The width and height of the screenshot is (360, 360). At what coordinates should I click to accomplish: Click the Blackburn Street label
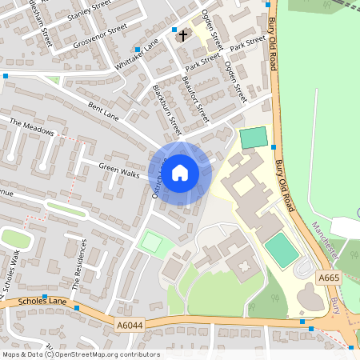point(167,111)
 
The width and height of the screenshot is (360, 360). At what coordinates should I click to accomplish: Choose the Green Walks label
point(118,169)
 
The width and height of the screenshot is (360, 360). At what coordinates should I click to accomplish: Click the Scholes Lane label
point(22,303)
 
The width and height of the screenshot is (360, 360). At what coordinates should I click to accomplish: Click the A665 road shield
point(329,277)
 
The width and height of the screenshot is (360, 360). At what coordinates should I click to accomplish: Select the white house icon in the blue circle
point(180,173)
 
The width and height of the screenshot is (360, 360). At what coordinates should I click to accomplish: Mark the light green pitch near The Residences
point(151,241)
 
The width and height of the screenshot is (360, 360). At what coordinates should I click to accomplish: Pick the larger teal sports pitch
point(281,250)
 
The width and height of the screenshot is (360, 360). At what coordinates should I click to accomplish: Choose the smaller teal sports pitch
point(253,138)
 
